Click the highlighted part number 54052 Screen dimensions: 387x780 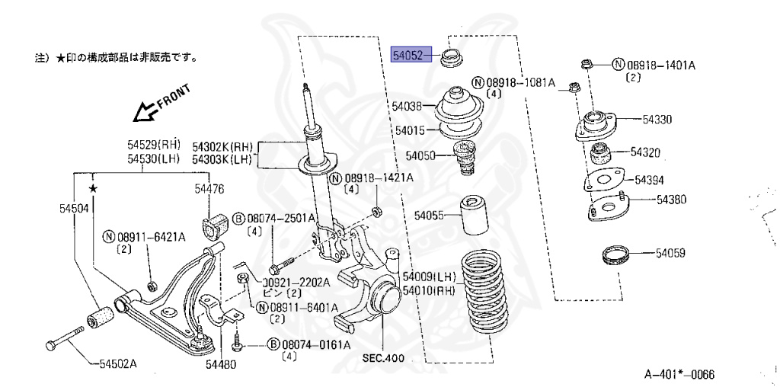tap(411, 55)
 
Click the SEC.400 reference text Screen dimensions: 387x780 tap(383, 358)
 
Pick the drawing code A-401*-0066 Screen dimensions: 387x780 tap(679, 374)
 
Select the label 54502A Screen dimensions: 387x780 tap(117, 363)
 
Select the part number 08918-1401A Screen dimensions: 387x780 tap(660, 65)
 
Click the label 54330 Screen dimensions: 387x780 tap(656, 119)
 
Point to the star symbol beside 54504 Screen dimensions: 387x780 tap(92, 187)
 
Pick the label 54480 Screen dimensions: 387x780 tap(220, 363)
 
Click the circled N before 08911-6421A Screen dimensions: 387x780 tap(108, 238)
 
